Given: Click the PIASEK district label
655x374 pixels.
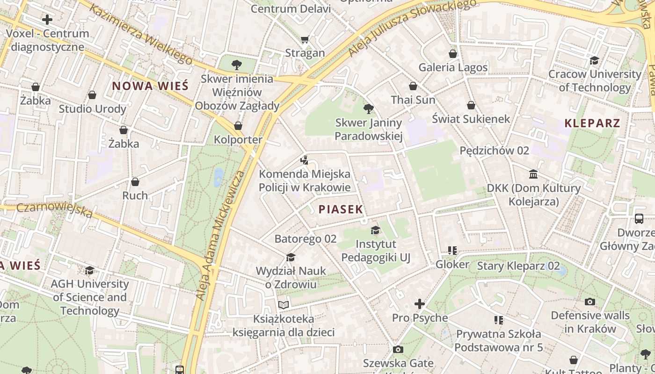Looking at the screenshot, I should pos(341,209).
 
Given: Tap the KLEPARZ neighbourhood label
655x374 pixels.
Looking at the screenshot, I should pos(592,123).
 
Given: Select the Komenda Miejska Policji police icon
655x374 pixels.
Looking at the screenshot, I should pos(305,160).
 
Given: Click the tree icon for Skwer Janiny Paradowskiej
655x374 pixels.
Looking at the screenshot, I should pos(369,109).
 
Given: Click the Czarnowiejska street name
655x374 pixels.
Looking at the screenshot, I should pos(55,209).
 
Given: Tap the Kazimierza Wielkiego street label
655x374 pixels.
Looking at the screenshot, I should pos(140,35).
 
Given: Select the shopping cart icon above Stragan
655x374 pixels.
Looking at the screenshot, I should pos(305,39).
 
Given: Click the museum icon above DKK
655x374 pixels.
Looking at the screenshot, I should pos(533,174).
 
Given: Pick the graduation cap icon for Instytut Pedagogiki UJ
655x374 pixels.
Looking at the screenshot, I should pos(375,230).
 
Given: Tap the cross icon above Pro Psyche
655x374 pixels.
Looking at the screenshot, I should pos(420,304).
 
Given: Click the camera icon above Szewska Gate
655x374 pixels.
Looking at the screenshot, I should pos(398,349).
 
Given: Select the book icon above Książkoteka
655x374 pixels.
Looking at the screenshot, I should pos(284,305).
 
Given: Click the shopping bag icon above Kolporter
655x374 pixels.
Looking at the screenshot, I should pos(238,126).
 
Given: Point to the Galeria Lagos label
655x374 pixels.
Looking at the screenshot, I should pos(453,67).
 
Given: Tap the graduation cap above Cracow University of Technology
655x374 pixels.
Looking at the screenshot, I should pos(594,60).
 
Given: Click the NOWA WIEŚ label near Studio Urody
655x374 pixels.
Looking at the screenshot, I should pos(150,86).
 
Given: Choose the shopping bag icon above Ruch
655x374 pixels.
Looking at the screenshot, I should pos(135,181).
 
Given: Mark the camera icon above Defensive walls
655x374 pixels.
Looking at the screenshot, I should pos(590,302).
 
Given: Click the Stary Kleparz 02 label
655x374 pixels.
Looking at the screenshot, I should pos(518,266).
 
